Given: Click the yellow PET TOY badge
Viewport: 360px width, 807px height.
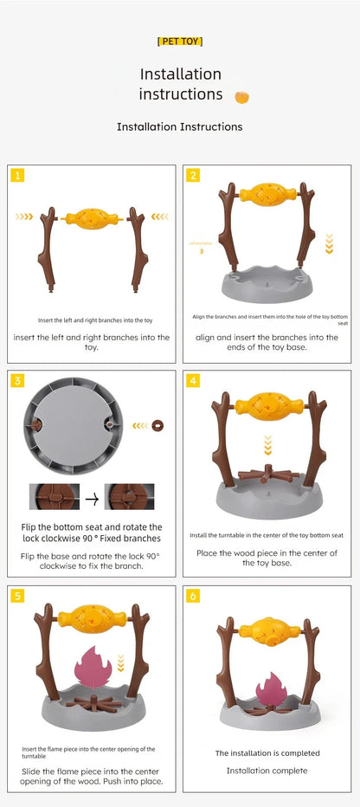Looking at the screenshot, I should coord(180,41).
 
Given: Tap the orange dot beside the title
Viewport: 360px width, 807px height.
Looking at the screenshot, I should coord(242,95).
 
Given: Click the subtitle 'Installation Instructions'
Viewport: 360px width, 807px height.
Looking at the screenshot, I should coord(180,126).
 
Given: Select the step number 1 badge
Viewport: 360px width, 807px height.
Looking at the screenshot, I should coord(17,175).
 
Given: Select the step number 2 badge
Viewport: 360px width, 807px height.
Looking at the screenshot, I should coord(193,175).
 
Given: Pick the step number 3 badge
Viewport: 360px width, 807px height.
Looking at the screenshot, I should coord(17,381).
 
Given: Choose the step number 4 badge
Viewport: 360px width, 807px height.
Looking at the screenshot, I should coord(193,381).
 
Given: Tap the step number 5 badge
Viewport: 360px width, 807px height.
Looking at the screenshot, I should coord(17,596).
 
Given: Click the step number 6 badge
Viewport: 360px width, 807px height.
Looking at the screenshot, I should coord(193,596).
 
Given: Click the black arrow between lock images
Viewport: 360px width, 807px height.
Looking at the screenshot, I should coord(91,497).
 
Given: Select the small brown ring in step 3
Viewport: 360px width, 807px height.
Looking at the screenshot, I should coord(157,425).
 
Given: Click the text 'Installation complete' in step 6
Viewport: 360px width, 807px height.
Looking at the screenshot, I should coord(267,770).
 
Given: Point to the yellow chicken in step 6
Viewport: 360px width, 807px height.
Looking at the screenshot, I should coord(267,630).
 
